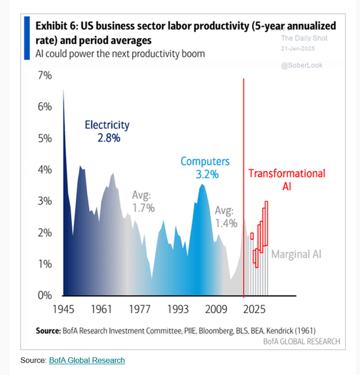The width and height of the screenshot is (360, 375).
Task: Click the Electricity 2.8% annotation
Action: tap(107, 131)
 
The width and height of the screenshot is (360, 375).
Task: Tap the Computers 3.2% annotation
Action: tap(205, 168)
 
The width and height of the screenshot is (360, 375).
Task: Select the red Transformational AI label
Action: tap(287, 180)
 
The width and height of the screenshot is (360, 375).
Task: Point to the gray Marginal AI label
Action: tap(296, 254)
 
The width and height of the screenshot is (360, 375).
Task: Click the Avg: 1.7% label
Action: tap(143, 202)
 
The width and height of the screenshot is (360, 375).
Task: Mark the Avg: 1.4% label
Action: tap(226, 217)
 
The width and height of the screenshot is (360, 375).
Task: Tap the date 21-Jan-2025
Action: tap(301, 48)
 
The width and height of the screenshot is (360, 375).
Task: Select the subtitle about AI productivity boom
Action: tap(120, 53)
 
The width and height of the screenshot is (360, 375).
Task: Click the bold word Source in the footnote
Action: tap(50, 330)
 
